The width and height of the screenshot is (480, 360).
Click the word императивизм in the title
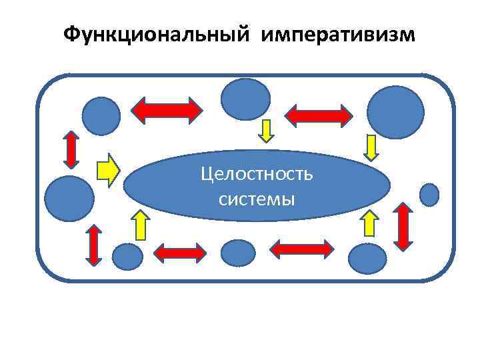click(338, 34)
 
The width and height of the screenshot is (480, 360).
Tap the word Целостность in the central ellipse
click(257, 175)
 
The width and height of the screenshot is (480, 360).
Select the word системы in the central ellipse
click(257, 198)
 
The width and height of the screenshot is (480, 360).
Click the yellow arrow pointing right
click(108, 170)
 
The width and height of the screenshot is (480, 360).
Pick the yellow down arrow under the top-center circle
click(266, 131)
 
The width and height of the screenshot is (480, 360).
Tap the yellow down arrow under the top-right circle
click(371, 147)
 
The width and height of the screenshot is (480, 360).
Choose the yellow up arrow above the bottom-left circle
click(140, 224)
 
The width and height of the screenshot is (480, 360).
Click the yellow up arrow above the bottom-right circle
click(369, 223)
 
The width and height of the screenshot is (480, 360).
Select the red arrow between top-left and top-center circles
click(167, 111)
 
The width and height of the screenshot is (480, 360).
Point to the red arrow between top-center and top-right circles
click(319, 115)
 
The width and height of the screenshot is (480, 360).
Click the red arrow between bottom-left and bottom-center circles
click(180, 253)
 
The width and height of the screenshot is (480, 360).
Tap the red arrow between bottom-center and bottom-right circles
click(302, 249)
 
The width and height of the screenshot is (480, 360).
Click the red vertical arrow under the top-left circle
click(70, 149)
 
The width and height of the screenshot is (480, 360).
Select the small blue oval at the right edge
click(430, 194)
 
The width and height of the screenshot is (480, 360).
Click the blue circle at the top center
click(245, 99)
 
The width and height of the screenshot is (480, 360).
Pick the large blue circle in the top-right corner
click(396, 111)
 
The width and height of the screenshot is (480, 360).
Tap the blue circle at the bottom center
click(237, 253)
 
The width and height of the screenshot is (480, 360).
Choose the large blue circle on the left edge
click(69, 197)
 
